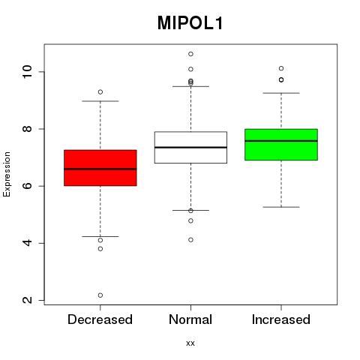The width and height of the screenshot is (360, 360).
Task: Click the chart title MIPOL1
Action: point(190,23)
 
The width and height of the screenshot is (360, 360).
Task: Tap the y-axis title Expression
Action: point(7,174)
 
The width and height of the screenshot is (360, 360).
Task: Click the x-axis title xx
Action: point(190,343)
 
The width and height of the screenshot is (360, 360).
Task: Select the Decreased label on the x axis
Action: point(100,319)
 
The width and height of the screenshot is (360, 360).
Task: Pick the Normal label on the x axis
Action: point(190,319)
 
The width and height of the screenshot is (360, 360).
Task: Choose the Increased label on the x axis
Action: point(281,319)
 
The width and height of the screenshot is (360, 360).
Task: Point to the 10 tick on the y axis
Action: point(28,72)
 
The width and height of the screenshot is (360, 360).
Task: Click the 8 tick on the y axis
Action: point(28,129)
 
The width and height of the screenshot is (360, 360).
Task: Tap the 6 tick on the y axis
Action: point(28,186)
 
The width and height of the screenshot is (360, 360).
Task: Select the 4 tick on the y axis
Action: point(28,243)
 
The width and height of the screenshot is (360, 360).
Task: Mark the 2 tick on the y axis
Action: point(28,300)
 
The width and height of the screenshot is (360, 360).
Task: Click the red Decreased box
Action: point(100,168)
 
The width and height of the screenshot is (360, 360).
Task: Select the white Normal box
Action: point(190,148)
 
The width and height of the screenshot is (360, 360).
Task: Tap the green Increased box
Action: point(281,145)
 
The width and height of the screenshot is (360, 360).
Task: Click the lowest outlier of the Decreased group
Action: point(100,295)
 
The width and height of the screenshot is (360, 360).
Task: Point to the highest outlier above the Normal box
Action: point(190,54)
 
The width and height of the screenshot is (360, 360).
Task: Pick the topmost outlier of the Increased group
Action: point(281,68)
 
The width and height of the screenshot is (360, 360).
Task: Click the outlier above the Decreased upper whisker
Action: point(100,92)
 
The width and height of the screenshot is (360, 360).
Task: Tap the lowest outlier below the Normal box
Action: point(190,240)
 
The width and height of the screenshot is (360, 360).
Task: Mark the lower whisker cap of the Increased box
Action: point(281,207)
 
